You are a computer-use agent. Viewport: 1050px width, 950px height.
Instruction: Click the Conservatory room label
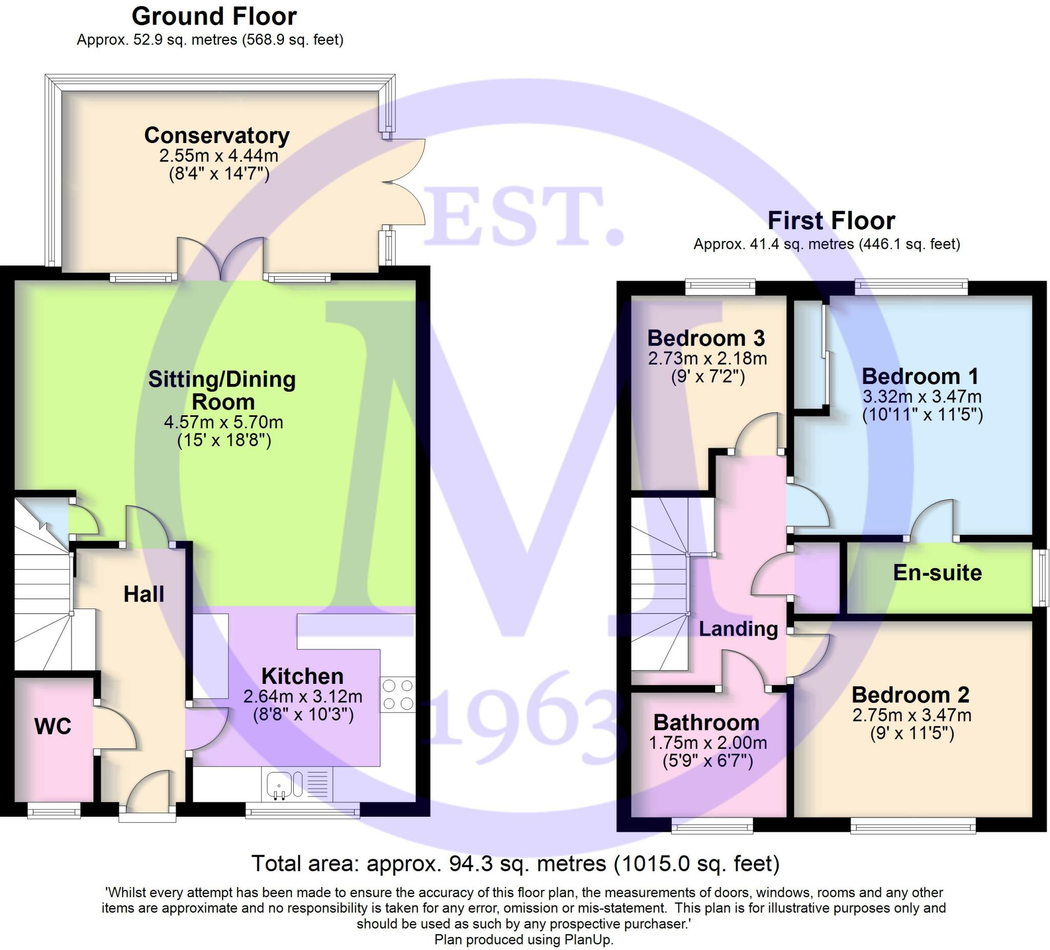[217, 135]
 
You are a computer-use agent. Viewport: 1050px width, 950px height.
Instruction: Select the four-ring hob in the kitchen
[398, 695]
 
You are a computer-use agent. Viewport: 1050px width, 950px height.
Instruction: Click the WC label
[53, 726]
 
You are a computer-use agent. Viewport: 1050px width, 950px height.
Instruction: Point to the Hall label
[144, 594]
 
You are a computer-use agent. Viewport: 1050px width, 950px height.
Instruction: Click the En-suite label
[938, 572]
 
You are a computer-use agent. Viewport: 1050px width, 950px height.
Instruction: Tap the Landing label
[738, 629]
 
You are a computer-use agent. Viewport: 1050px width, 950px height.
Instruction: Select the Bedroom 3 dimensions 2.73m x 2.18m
[708, 358]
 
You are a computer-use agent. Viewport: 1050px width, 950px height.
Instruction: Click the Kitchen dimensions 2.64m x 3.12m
[302, 696]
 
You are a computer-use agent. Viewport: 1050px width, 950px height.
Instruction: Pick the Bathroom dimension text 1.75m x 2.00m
[708, 743]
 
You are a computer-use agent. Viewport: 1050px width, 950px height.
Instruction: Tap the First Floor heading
[831, 220]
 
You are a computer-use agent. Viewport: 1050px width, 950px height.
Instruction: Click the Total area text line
[516, 863]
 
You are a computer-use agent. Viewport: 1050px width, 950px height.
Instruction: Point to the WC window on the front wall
[54, 811]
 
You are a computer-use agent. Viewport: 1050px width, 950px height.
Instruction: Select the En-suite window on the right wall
[1040, 578]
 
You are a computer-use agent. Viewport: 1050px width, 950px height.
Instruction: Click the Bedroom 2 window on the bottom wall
[913, 825]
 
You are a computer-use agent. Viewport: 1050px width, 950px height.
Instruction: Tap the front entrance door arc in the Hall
[149, 790]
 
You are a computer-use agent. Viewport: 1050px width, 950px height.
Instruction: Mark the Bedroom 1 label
[920, 376]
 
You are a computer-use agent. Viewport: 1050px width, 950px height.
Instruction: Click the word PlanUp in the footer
[589, 940]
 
